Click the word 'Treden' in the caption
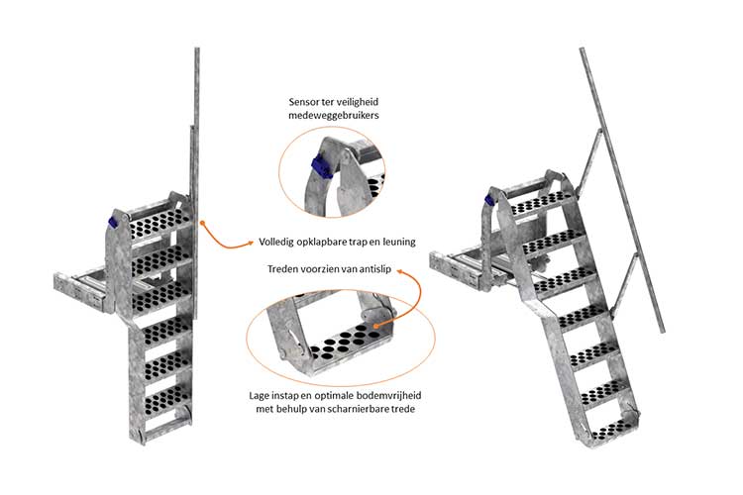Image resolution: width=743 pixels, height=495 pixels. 285,268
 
